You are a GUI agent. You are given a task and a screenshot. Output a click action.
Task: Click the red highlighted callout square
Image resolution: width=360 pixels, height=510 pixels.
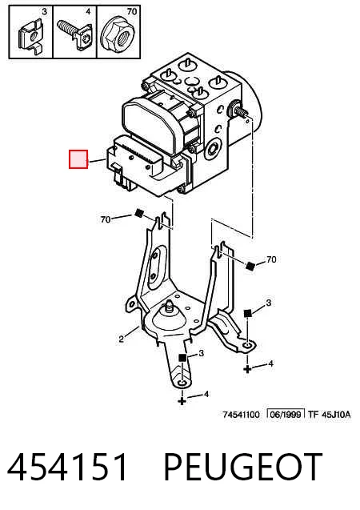(x=78, y=159)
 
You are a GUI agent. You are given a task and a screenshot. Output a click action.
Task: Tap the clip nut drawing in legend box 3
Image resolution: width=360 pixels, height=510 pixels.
(x=31, y=37)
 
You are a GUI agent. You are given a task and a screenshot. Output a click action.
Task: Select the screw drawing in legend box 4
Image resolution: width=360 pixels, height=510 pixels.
(x=75, y=34)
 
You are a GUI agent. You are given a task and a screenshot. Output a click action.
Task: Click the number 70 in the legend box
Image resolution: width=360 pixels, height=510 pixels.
(x=131, y=12)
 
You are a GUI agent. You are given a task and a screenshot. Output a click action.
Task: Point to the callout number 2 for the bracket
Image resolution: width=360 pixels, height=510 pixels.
(x=121, y=339)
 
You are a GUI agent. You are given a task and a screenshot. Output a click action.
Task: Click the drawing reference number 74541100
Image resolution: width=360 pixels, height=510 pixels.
(x=241, y=415)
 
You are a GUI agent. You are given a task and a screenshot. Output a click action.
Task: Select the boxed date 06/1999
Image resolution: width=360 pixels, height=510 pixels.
(x=286, y=415)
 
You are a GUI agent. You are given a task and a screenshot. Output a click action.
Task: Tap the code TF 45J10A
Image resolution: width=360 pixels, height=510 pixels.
(x=329, y=415)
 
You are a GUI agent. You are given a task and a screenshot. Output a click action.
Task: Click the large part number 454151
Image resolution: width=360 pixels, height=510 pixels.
(x=67, y=468)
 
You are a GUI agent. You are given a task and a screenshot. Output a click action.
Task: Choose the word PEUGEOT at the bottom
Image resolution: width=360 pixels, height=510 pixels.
(x=243, y=467)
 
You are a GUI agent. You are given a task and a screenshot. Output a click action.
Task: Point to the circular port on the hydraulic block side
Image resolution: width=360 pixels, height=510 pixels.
(x=214, y=149)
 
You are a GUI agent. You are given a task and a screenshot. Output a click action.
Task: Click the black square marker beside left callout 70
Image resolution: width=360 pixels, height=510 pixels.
(x=139, y=213)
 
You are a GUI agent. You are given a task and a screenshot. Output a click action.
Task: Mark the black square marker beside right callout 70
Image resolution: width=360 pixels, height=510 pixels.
(x=250, y=266)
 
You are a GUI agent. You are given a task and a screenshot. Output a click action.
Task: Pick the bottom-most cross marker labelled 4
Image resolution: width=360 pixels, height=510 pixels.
(x=182, y=400)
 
